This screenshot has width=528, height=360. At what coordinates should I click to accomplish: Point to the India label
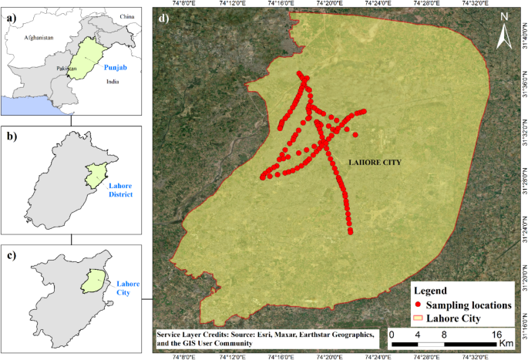pyautogui.click(x=113, y=80)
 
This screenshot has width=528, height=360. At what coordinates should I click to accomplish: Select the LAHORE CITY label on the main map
pyautogui.click(x=376, y=163)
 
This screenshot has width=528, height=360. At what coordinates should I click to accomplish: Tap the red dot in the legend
pyautogui.click(x=419, y=305)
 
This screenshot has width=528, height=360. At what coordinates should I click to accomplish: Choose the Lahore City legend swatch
pyautogui.click(x=419, y=318)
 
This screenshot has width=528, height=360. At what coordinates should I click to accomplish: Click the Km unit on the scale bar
pyautogui.click(x=506, y=341)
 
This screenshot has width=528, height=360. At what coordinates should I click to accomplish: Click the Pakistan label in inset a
pyautogui.click(x=66, y=69)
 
